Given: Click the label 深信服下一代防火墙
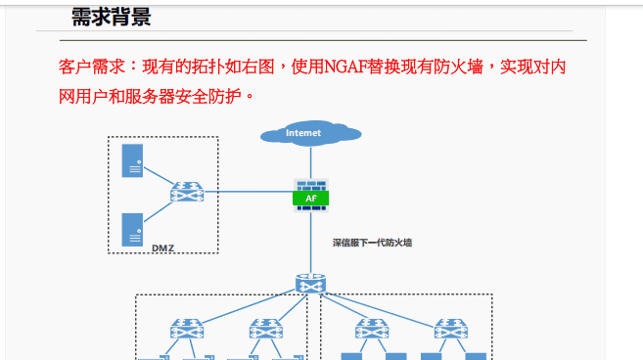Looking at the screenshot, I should point(372,241).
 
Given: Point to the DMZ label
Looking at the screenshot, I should point(162,248).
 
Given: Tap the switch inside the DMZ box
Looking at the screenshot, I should point(185,192).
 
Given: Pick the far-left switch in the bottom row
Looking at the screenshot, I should point(185,329).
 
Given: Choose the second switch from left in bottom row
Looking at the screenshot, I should point(265,329).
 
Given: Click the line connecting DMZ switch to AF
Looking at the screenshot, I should point(245,192).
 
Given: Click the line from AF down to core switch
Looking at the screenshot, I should point(310,245).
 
